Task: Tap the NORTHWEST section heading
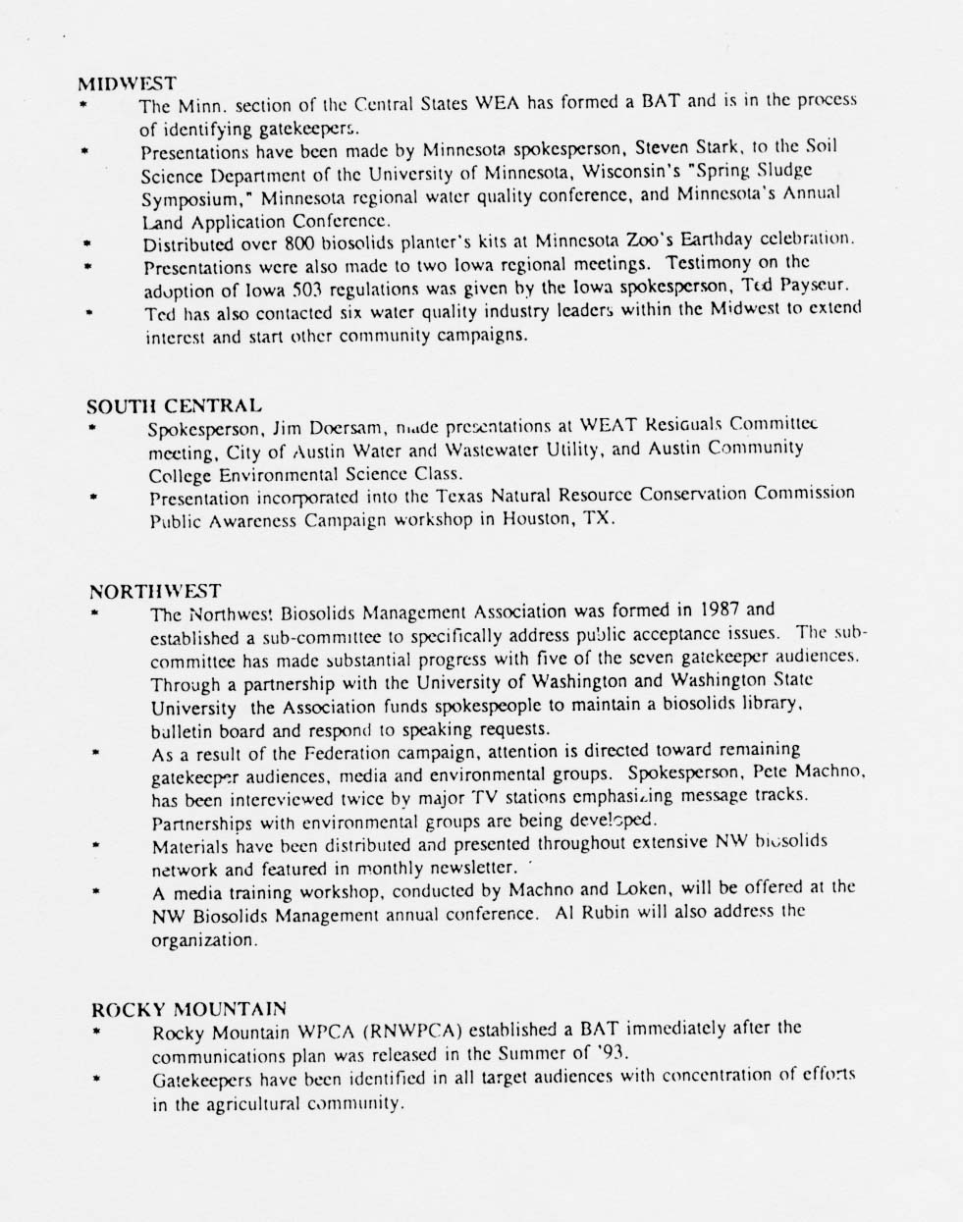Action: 155,591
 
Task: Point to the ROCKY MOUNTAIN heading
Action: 188,1008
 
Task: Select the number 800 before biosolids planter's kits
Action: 297,243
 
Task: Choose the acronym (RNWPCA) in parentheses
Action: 412,1032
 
